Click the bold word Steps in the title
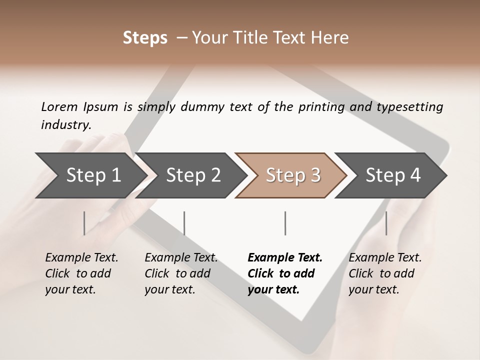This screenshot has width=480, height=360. click(145, 38)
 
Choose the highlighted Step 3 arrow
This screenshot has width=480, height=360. click(293, 175)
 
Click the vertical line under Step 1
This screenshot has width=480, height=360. click(84, 223)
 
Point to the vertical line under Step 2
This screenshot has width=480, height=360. click(184, 223)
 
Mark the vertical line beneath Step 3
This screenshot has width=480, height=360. click(285, 223)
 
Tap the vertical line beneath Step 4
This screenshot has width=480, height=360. click(386, 223)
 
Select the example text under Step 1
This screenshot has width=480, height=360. click(81, 273)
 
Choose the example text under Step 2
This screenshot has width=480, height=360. click(181, 273)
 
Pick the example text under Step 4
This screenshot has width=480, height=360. click(385, 273)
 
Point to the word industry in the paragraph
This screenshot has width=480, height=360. click(66, 125)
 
